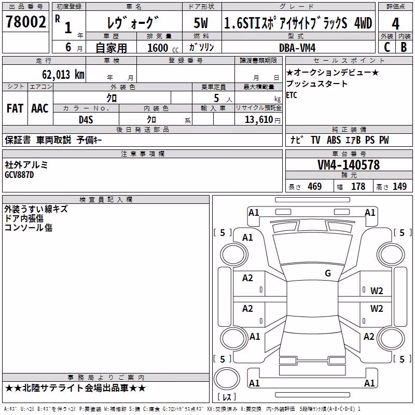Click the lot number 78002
(25, 22)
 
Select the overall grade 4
(395, 24)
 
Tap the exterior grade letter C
(387, 47)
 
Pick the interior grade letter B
(404, 47)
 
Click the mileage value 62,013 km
(63, 74)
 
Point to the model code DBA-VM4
(297, 48)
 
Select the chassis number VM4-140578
(349, 165)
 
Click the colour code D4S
(86, 120)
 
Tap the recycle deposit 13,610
(259, 120)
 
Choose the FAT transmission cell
(15, 108)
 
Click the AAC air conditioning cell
(40, 108)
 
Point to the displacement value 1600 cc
(163, 48)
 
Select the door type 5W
(201, 23)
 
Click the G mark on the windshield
(328, 273)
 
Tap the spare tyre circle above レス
(227, 379)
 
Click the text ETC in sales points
(292, 95)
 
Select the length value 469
(315, 186)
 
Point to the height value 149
(399, 186)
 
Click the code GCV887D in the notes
(19, 175)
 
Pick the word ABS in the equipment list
(334, 140)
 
